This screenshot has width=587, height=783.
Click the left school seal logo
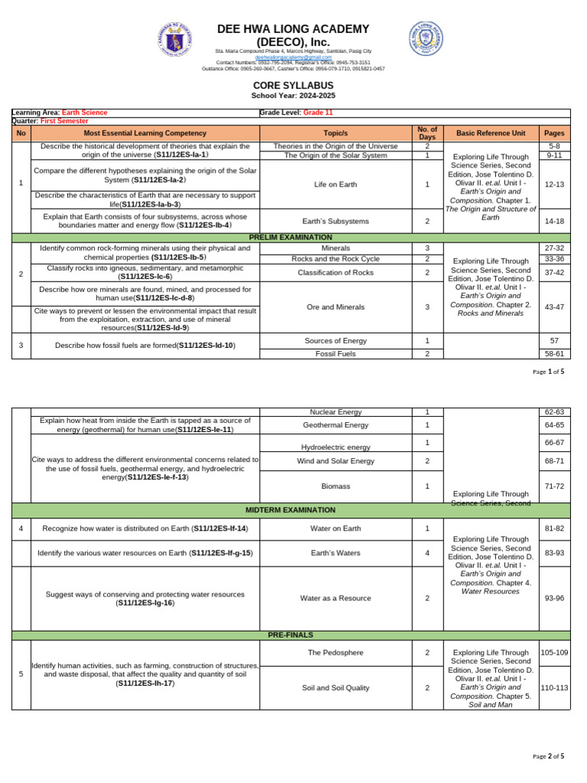177,40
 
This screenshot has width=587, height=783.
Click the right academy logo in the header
426,37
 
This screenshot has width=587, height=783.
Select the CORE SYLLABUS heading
293,86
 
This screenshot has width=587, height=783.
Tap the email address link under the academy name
293,57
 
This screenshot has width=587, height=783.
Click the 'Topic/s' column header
336,133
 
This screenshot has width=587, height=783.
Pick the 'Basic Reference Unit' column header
491,133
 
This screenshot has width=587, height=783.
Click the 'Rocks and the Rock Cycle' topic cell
336,258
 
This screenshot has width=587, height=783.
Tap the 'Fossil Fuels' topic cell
336,354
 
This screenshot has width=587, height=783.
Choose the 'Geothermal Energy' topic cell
336,425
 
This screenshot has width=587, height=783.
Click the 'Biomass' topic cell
336,486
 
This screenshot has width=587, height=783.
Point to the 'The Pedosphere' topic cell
336,652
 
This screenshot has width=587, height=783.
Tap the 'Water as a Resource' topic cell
336,598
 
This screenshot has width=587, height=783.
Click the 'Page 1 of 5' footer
548,372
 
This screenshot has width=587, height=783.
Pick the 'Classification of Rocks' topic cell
336,272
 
